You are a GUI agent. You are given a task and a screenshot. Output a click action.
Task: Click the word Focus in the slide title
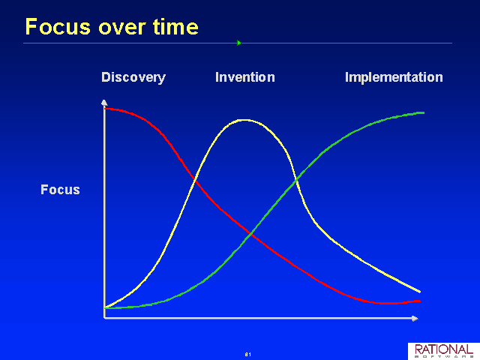pos(58,27)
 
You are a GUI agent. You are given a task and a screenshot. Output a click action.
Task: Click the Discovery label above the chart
pos(133,77)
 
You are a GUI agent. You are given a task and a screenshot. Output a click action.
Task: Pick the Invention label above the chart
pos(245,77)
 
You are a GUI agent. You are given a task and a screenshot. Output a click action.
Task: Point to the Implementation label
pos(394,77)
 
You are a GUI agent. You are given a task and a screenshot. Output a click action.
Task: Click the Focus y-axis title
pos(60,190)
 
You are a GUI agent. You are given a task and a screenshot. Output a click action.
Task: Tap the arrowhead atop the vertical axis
pos(104,103)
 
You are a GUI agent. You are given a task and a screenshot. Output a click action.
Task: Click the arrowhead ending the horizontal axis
pos(415,319)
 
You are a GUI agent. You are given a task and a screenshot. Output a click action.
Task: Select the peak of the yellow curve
pos(244,120)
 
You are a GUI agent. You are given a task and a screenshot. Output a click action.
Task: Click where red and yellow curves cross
pos(196,181)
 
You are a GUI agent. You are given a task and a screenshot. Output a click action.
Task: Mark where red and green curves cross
pos(252,234)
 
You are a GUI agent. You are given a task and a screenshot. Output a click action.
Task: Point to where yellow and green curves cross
pos(296,181)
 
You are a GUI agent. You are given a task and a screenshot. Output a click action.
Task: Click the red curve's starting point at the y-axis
pos(105,109)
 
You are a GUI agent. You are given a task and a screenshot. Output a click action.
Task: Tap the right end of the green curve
pos(423,113)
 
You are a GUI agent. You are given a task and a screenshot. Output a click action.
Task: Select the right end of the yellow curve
pos(420,292)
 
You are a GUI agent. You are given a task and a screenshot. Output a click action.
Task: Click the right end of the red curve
pos(420,301)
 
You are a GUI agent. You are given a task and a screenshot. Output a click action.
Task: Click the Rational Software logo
pos(444,351)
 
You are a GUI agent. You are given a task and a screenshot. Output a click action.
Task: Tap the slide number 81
pos(248,355)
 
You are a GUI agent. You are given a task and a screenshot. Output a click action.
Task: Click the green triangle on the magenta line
pos(239,43)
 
